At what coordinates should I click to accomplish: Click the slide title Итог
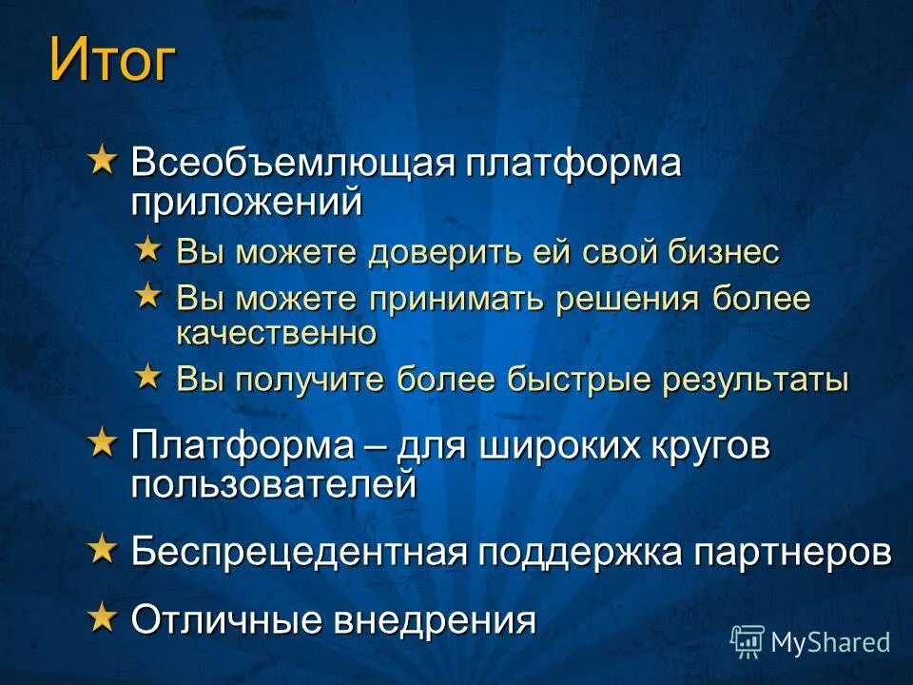point(112,62)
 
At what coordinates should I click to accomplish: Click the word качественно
point(277,333)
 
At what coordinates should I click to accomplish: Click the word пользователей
point(274,485)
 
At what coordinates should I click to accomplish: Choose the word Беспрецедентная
point(301,552)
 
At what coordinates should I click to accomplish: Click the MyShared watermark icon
point(748,642)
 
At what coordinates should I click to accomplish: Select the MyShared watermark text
point(830,642)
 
